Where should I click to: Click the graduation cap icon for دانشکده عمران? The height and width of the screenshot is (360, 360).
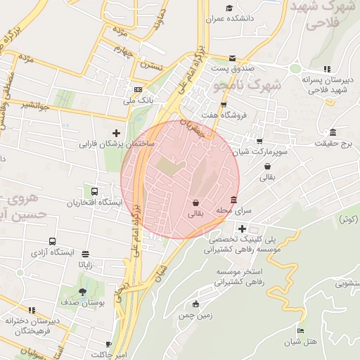pos(229,8)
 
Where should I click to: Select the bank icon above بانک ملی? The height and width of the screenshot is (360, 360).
pos(138,89)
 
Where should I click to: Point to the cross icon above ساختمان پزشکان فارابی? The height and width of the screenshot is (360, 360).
pos(117,133)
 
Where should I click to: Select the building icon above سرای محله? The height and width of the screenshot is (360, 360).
pos(233,200)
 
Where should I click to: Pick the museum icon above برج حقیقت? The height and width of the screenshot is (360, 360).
pos(333,133)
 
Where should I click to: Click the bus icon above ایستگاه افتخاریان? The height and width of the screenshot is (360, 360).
pos(94,191)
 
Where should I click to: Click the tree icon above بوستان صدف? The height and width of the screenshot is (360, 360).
pos(83,291)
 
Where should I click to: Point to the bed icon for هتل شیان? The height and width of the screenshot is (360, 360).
pos(301,330)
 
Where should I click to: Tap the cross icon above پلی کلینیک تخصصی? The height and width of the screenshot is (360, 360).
pos(242,229)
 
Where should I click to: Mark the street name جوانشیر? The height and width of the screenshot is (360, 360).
pos(34,105)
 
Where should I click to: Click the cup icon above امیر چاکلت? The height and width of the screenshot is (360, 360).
pos(108,345)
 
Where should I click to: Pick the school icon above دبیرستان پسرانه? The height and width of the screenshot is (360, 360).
pos(326,69)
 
